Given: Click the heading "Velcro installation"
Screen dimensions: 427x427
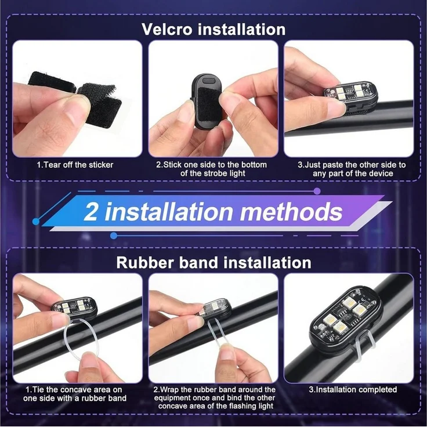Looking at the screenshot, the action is pyautogui.click(x=213, y=29).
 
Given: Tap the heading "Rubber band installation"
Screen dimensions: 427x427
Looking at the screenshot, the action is pyautogui.click(x=213, y=262).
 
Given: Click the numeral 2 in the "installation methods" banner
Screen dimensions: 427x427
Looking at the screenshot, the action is pyautogui.click(x=91, y=212).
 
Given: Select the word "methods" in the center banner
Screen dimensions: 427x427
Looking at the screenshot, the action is pyautogui.click(x=291, y=212).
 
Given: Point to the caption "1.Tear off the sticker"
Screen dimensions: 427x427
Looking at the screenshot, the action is pyautogui.click(x=75, y=165).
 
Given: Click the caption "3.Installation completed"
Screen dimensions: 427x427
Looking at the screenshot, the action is pyautogui.click(x=353, y=389).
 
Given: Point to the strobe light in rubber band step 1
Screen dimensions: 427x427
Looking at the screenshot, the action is pyautogui.click(x=74, y=307).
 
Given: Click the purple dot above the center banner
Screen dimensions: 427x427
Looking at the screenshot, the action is pyautogui.click(x=317, y=191).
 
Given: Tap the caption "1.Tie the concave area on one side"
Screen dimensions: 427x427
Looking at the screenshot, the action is pyautogui.click(x=75, y=394).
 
